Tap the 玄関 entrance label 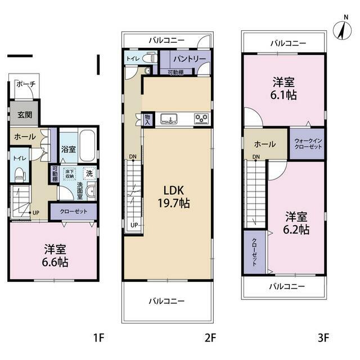pos(25,115)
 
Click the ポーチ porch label pos(26,84)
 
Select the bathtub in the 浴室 pos(87,145)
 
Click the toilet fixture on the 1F pos(19,174)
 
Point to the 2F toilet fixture pos(150,58)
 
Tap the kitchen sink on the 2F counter pos(169,119)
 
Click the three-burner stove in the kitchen pos(201,119)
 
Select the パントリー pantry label pos(190,59)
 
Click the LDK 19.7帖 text pos(174,197)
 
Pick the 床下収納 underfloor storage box pos(69,174)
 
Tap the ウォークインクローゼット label pos(308,144)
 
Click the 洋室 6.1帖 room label pos(283,89)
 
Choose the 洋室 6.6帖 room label pos(55,256)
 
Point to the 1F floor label pos(99,338)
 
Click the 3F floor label pos(323,338)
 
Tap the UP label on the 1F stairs pos(36,213)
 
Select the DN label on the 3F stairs pos(256,156)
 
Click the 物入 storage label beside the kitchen pos(147,120)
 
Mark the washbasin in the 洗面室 pos(91,191)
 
